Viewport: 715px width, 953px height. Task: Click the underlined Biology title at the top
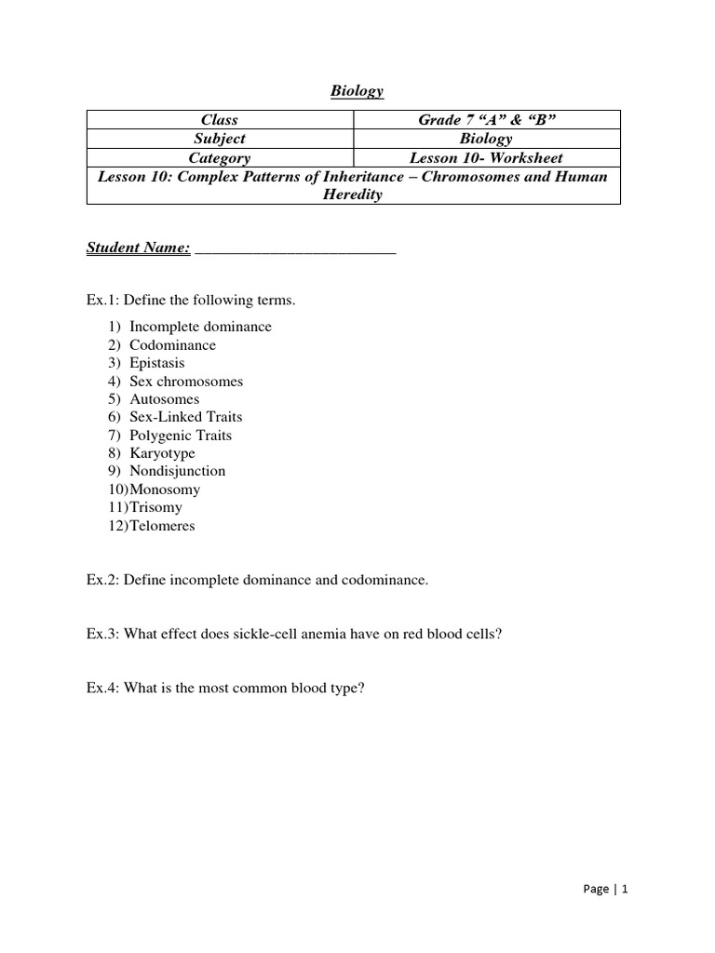(357, 90)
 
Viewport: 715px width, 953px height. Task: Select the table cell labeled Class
(220, 119)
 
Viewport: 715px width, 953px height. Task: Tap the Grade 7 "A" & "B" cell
(486, 119)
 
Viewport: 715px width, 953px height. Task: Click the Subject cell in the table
(220, 138)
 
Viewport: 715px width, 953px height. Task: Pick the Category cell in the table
(220, 157)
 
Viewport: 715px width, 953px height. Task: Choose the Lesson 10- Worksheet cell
(486, 157)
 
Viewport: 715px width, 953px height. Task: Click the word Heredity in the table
(353, 194)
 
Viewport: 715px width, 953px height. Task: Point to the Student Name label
(138, 248)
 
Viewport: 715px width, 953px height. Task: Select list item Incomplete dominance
(200, 327)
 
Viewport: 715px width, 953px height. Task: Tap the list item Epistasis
(156, 363)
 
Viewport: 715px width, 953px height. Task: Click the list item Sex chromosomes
(185, 381)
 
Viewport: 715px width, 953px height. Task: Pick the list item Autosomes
(164, 399)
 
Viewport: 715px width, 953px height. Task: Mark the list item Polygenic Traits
(181, 436)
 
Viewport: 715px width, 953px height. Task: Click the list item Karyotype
(162, 453)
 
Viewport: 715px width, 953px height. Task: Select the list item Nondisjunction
(177, 471)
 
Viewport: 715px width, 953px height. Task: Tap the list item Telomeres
(162, 526)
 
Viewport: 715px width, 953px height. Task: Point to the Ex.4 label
(102, 689)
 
